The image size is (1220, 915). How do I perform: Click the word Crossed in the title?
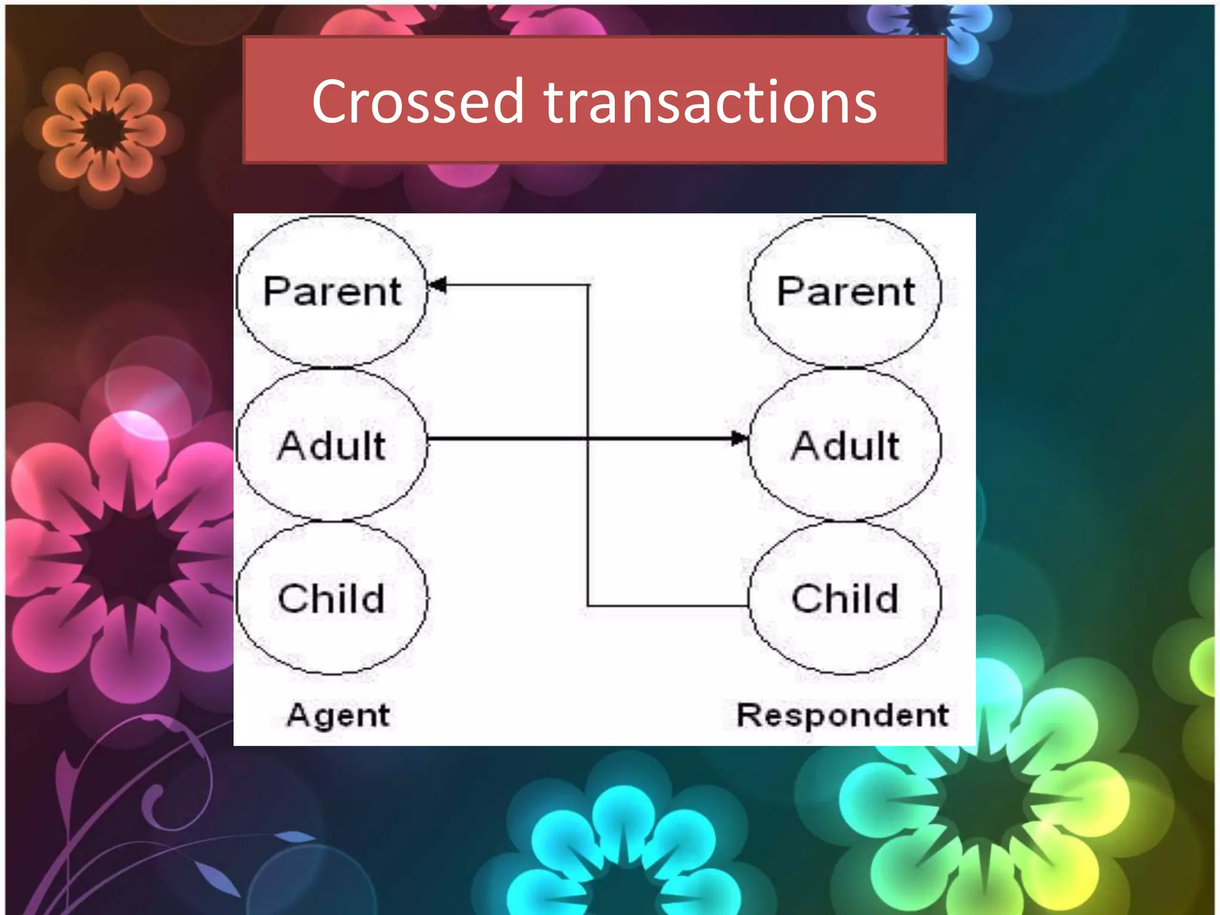click(418, 102)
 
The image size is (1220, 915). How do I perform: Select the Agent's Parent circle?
click(332, 291)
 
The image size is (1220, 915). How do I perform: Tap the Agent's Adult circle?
click(332, 444)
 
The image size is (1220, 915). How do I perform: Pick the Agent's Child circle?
click(332, 598)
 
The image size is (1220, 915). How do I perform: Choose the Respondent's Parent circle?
click(845, 291)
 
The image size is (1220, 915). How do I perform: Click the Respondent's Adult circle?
click(845, 444)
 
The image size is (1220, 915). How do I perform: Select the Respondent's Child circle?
click(845, 598)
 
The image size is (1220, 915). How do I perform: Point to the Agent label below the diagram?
click(338, 715)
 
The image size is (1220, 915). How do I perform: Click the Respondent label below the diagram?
click(842, 715)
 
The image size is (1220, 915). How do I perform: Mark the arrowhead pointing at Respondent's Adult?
click(739, 439)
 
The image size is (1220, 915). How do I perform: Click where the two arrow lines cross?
click(589, 439)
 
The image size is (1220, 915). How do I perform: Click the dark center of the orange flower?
click(104, 130)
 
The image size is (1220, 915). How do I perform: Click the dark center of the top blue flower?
click(927, 18)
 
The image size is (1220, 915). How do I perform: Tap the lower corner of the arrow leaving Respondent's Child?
click(589, 606)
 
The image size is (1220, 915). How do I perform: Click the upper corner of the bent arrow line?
click(589, 285)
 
